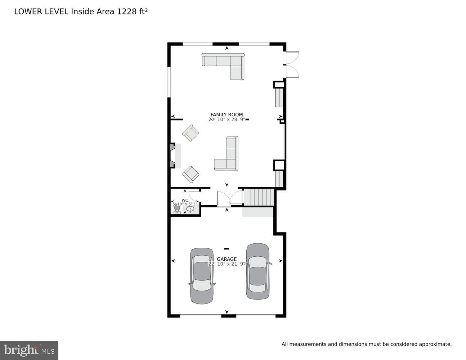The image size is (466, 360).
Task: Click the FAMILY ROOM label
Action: click(x=227, y=114)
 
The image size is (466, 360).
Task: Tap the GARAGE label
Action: click(x=227, y=259)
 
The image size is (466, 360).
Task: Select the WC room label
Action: click(x=185, y=200)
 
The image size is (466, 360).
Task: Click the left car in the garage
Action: click(x=202, y=276)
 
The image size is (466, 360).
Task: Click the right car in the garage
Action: click(x=257, y=271)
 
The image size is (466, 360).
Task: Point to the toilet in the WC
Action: click(x=177, y=209)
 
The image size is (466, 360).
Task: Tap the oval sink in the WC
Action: click(x=190, y=209)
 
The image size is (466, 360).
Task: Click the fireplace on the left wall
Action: click(x=173, y=156)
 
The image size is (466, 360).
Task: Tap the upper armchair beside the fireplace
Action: click(x=191, y=133)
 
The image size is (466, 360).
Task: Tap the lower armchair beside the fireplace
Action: click(x=191, y=174)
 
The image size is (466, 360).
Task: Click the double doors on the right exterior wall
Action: click(x=292, y=65)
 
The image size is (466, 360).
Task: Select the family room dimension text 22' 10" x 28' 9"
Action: click(x=227, y=120)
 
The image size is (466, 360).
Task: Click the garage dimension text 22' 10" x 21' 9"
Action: click(x=227, y=264)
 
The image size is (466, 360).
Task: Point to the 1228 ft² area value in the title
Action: click(x=132, y=11)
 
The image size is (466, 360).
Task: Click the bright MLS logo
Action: click(x=29, y=350)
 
